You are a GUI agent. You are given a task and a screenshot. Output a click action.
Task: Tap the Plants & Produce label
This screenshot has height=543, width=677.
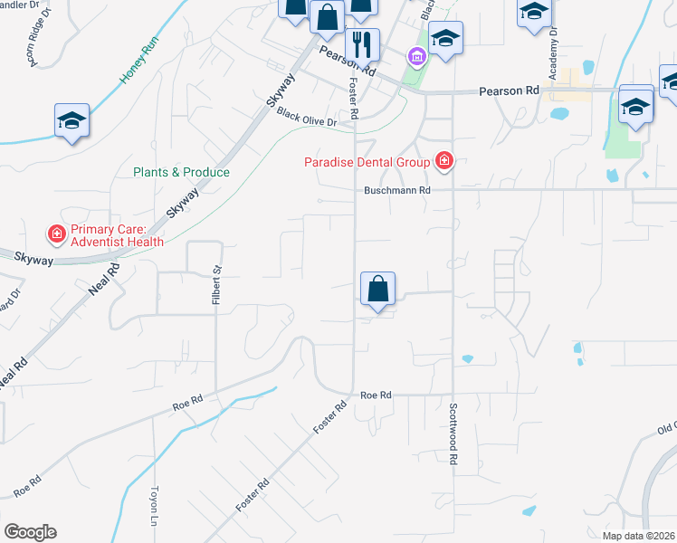(181, 172)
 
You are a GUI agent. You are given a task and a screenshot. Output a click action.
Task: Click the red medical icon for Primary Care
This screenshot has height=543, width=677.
(56, 235)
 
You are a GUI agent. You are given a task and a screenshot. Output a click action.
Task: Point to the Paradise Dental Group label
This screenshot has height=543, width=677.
(367, 162)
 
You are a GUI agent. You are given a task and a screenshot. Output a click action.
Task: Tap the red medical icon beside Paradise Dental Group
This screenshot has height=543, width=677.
(443, 162)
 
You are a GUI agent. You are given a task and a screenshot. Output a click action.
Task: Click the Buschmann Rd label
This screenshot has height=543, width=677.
(396, 191)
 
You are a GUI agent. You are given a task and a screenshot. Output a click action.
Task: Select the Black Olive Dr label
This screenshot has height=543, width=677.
(306, 118)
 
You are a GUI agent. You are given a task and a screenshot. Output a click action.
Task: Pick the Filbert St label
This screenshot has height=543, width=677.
(216, 284)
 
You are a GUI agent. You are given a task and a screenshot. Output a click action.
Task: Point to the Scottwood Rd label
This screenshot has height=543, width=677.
(453, 433)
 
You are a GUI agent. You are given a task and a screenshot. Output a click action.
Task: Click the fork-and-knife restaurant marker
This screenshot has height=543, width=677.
(362, 44)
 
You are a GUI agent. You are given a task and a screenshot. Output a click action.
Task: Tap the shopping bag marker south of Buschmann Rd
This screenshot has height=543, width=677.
(378, 290)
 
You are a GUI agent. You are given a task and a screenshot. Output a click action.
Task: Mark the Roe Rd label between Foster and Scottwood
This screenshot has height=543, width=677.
(376, 395)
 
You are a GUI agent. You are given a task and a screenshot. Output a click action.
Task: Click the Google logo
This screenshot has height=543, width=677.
(29, 532)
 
